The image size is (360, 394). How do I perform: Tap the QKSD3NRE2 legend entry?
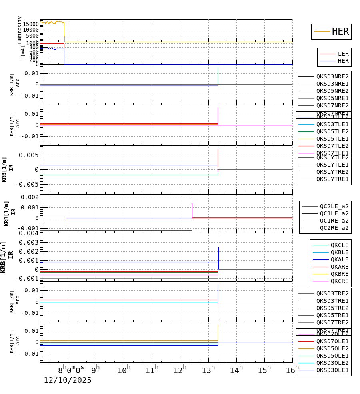click(332, 76)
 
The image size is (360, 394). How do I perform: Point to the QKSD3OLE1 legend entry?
click(332, 370)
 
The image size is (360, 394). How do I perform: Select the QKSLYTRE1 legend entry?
click(332, 179)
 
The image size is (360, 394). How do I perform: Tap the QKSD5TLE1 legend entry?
click(332, 139)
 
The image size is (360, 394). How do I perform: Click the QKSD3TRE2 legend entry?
click(332, 293)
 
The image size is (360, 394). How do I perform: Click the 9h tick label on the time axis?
click(96, 369)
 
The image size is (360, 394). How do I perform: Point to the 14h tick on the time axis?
click(236, 369)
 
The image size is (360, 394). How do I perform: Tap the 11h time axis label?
click(152, 369)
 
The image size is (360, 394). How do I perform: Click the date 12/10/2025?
click(68, 380)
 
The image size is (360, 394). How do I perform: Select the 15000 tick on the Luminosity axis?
click(30, 24)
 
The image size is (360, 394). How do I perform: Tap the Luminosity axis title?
click(20, 30)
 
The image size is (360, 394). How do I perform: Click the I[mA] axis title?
click(23, 52)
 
